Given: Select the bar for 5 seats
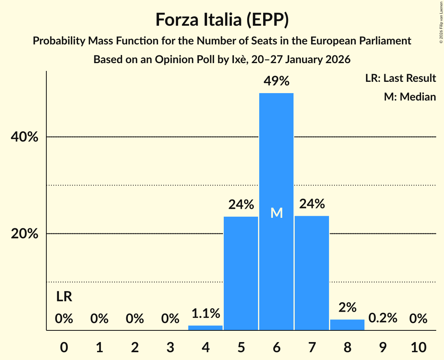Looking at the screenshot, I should point(241,273).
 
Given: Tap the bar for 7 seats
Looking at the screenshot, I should point(312,273).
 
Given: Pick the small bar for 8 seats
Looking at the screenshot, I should point(347,325).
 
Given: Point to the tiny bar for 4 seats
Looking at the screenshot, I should point(205,328).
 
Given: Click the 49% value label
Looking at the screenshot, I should point(276,81).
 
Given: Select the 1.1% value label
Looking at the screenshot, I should point(205,313).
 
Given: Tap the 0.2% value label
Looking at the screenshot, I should point(383,318).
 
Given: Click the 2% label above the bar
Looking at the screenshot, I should point(347,307).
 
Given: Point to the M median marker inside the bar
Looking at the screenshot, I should point(276,213).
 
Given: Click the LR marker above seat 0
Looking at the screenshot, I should point(64,297).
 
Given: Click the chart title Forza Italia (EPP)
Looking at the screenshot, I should point(222,19).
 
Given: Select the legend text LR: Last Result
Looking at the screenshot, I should point(400,78).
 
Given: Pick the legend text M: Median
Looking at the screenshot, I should point(410,97).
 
